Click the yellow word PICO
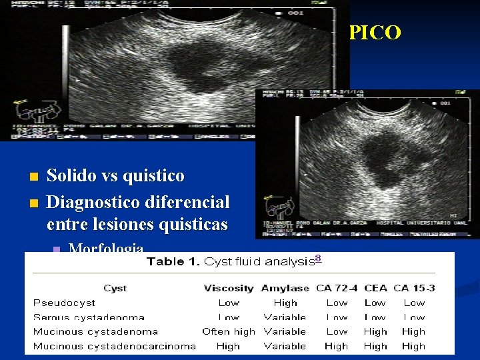coord(375,33)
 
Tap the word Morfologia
coord(106,249)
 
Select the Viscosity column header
coord(228,289)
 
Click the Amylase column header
coord(285,289)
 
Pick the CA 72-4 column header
coord(337,289)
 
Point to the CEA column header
coord(375,289)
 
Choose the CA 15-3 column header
coord(414,289)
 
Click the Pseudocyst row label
coord(65,303)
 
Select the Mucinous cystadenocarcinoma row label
coord(114,346)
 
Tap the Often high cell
coord(228,331)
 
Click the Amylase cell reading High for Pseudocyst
coord(285,303)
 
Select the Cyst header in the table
coord(115,289)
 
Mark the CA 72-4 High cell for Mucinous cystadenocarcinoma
coord(337,346)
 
